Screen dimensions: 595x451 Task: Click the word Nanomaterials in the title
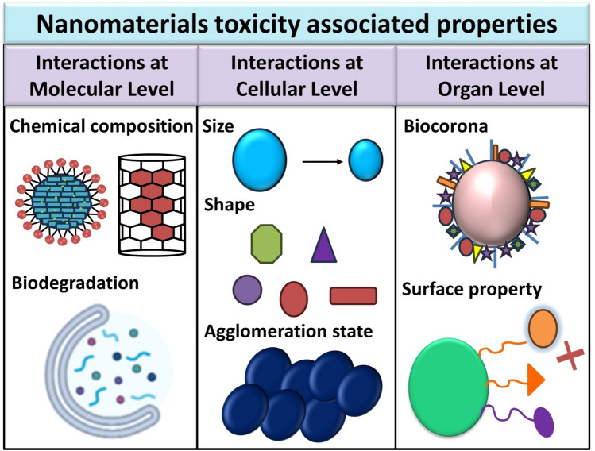click(122, 24)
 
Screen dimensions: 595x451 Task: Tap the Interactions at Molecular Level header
click(102, 75)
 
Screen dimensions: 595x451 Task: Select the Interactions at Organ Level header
click(492, 75)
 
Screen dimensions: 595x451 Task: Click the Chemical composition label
click(102, 126)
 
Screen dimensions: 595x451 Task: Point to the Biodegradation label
click(75, 283)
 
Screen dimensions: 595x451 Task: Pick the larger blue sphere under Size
click(260, 160)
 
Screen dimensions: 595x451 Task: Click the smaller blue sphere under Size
click(365, 160)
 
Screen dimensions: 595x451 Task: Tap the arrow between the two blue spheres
click(323, 162)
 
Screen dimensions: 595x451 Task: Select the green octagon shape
click(266, 244)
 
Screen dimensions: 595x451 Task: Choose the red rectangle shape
click(354, 296)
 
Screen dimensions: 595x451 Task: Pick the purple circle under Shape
click(247, 290)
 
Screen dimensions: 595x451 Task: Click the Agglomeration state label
click(288, 332)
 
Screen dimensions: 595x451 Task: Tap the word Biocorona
click(446, 126)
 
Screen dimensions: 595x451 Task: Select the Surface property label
click(472, 289)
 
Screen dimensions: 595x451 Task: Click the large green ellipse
click(449, 387)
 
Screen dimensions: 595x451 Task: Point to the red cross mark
click(570, 356)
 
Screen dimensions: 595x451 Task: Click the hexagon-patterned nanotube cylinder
click(152, 205)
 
